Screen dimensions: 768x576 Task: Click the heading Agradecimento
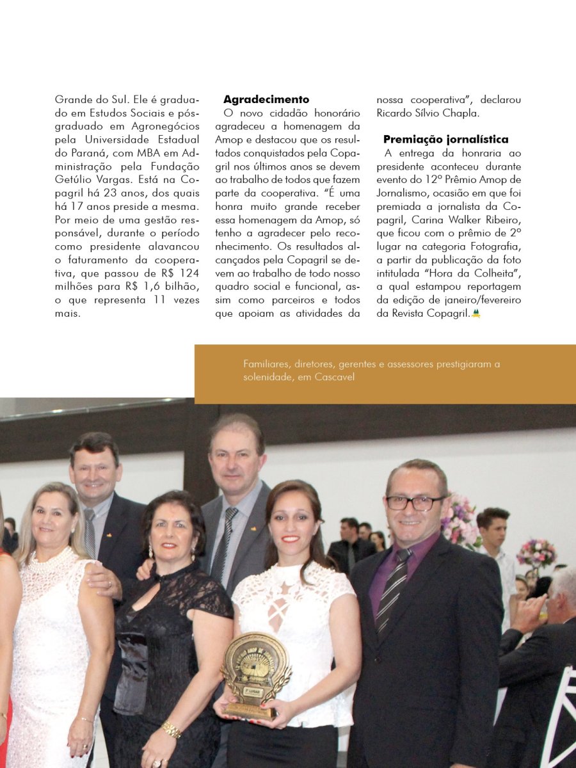pos(266,100)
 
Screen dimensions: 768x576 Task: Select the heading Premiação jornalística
pos(446,140)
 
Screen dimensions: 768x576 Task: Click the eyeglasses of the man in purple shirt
pos(414,502)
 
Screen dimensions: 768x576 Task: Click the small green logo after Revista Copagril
pos(476,314)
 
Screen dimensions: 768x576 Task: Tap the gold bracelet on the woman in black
pos(170,729)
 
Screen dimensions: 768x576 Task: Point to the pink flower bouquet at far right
pos(536,552)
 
